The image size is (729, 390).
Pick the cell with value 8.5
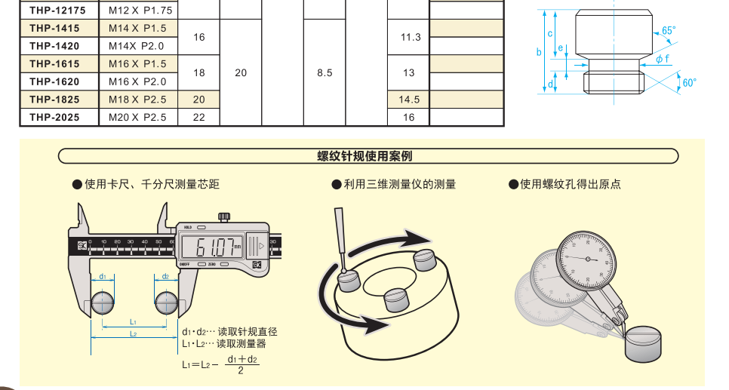(x=325, y=73)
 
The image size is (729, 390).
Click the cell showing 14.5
(x=408, y=100)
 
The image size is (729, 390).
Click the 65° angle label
(x=669, y=31)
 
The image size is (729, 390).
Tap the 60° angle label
(x=689, y=82)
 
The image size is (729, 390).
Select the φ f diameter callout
(x=662, y=58)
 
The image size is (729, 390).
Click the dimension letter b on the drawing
(x=539, y=52)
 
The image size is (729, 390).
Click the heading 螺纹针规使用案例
(x=364, y=157)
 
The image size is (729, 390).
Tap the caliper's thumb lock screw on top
(x=223, y=216)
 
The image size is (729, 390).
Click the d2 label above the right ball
(x=165, y=276)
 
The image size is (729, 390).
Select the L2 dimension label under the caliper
(x=133, y=333)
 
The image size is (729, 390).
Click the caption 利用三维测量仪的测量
(x=399, y=184)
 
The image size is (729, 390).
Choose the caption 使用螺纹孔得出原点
(x=570, y=184)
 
